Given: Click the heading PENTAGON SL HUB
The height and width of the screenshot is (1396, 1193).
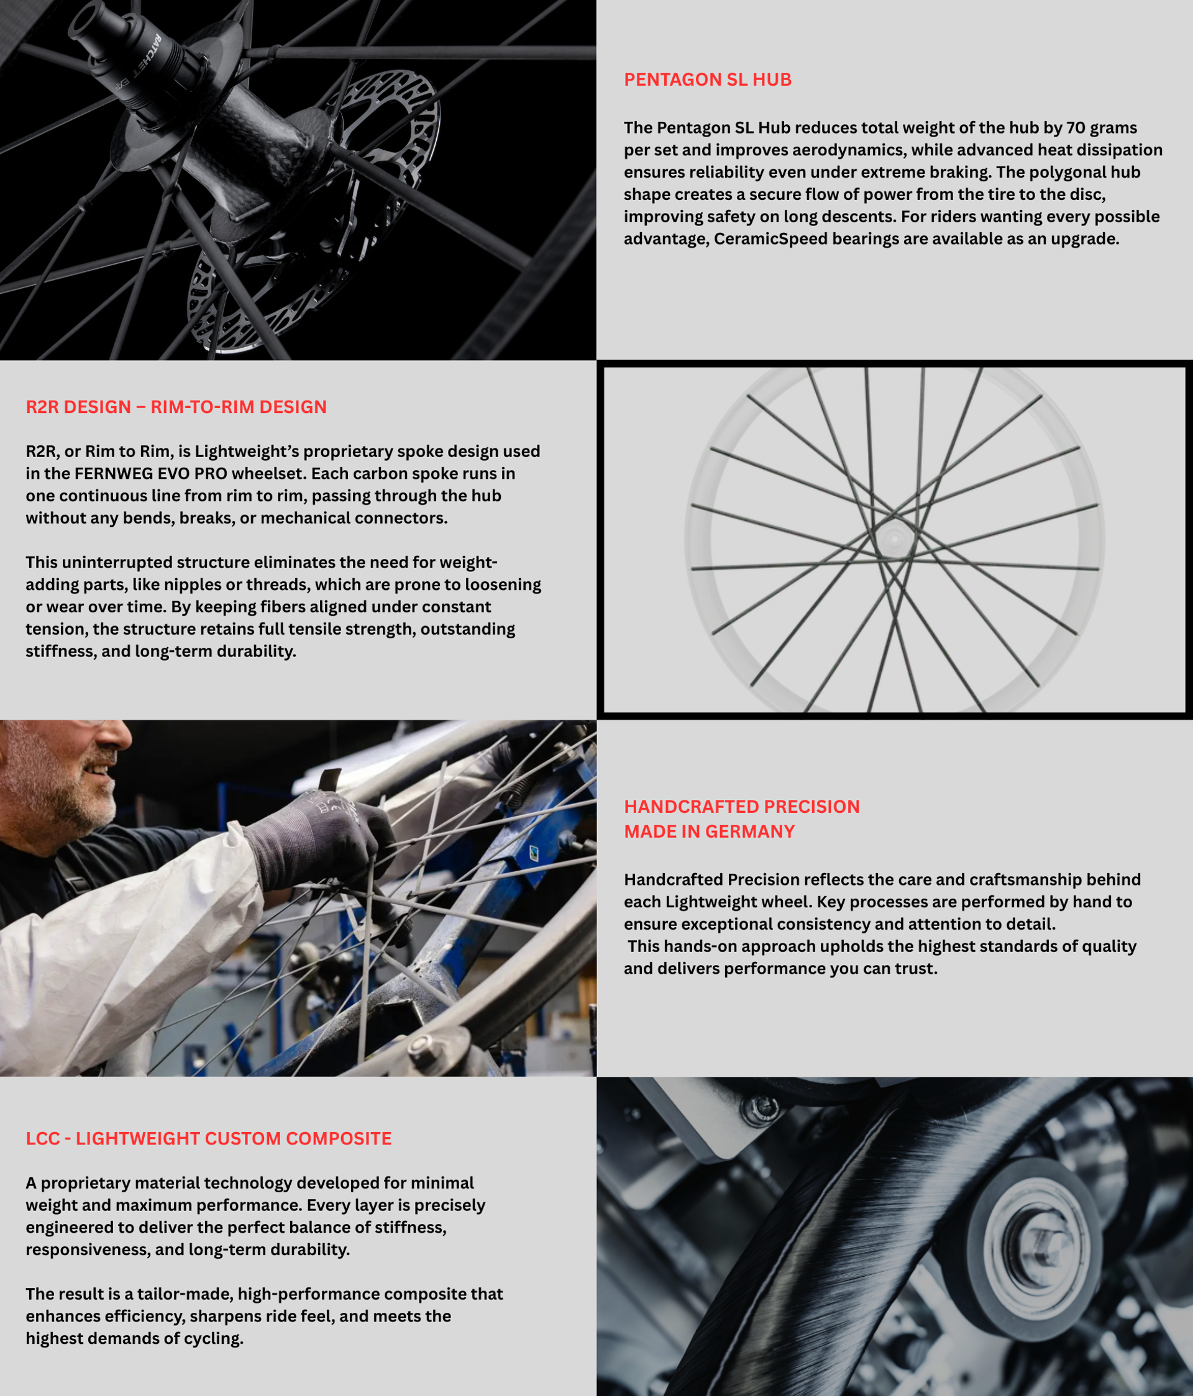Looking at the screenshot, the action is click(708, 79).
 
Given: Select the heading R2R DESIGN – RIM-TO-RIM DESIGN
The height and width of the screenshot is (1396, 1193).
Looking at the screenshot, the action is click(176, 407).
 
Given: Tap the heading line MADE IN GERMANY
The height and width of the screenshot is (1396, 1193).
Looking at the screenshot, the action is click(709, 832).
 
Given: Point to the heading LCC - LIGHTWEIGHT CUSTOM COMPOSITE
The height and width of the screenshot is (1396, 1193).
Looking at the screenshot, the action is click(208, 1139).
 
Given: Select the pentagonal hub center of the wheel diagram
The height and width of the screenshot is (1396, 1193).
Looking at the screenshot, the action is click(894, 538).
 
